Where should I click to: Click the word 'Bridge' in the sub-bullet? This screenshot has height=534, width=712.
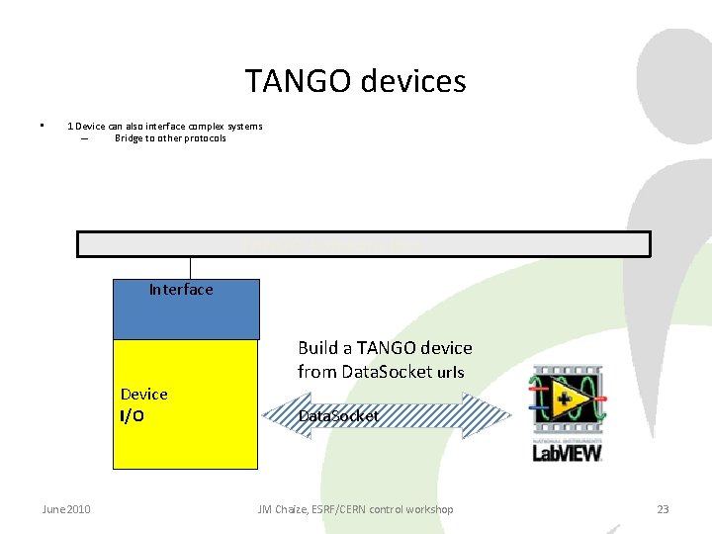(x=129, y=138)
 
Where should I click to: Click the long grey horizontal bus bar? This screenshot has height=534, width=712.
(x=364, y=243)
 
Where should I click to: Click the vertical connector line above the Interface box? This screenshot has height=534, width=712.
(x=191, y=268)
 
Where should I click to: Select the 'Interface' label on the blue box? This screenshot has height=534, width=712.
(x=181, y=290)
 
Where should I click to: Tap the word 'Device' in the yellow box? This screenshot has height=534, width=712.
(x=144, y=395)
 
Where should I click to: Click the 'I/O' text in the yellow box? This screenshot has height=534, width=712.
(x=133, y=416)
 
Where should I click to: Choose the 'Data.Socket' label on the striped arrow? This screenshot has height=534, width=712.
(x=338, y=416)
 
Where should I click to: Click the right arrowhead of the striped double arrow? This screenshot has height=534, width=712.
(x=494, y=415)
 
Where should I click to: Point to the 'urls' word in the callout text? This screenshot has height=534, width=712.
(x=450, y=373)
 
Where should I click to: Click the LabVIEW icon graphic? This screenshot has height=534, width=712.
(x=568, y=400)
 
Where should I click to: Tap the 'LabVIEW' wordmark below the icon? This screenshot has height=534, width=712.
(x=568, y=452)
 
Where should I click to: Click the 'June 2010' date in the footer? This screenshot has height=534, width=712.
(x=66, y=509)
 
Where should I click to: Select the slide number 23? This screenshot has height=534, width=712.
(x=663, y=509)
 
